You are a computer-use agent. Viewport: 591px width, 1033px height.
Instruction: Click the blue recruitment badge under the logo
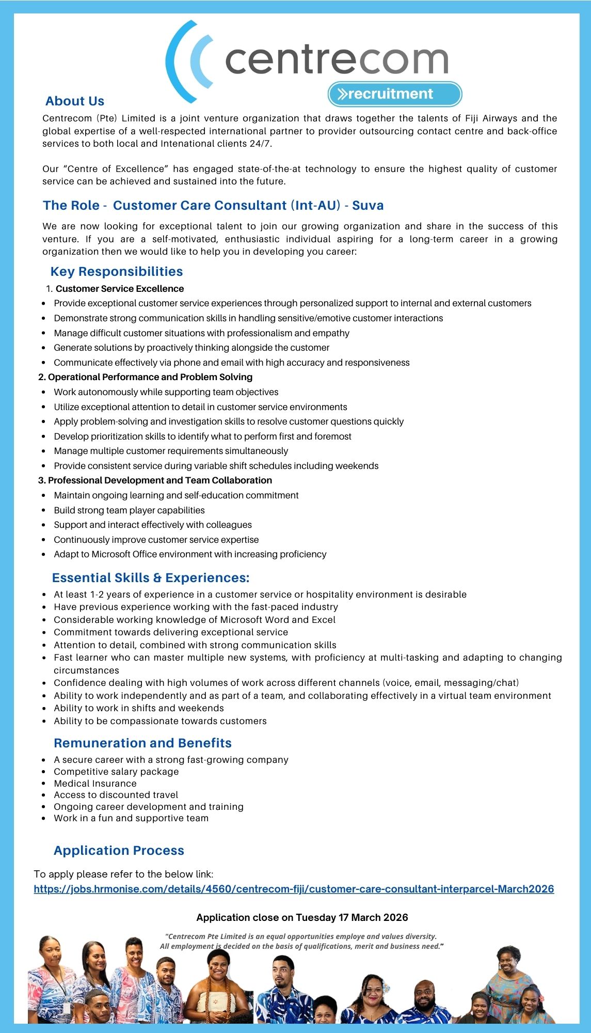pyautogui.click(x=394, y=94)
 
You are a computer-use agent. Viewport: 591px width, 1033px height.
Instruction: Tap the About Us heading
pyautogui.click(x=75, y=101)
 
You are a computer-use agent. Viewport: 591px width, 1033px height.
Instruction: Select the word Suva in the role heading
pyautogui.click(x=368, y=206)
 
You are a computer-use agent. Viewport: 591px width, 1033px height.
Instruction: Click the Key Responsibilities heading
pyautogui.click(x=117, y=272)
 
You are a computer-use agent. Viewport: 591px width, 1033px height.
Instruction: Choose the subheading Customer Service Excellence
pyautogui.click(x=119, y=289)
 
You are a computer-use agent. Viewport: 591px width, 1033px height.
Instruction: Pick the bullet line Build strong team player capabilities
pyautogui.click(x=129, y=510)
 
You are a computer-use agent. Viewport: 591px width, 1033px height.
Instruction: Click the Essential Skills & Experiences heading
pyautogui.click(x=151, y=578)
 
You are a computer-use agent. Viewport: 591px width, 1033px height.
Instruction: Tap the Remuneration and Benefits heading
pyautogui.click(x=142, y=743)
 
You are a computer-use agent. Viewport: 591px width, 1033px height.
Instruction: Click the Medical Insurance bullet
pyautogui.click(x=95, y=784)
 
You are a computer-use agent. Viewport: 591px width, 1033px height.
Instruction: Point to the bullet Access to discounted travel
pyautogui.click(x=116, y=795)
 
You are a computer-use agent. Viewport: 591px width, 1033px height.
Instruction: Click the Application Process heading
pyautogui.click(x=119, y=851)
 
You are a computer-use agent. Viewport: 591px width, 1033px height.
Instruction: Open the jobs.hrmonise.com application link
pyautogui.click(x=294, y=889)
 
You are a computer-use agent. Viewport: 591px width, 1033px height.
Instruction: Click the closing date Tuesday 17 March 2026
pyautogui.click(x=352, y=917)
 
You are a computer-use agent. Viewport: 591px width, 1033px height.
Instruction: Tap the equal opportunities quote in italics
pyautogui.click(x=301, y=941)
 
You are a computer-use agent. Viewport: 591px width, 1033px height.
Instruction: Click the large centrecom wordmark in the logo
pyautogui.click(x=337, y=60)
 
